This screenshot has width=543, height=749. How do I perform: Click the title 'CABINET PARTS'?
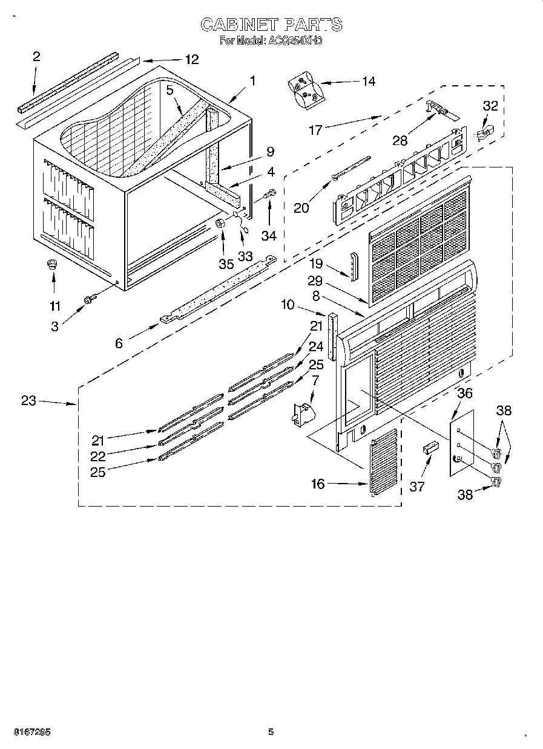click(x=271, y=25)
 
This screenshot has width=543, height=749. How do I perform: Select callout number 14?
click(x=367, y=81)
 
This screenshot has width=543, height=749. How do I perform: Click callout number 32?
click(x=490, y=106)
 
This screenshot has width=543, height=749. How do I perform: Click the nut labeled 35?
click(x=221, y=223)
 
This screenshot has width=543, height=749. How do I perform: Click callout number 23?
click(x=28, y=400)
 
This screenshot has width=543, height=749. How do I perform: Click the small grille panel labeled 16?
click(x=384, y=462)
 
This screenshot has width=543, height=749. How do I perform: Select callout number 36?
click(x=464, y=393)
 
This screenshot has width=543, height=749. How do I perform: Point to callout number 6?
click(x=119, y=343)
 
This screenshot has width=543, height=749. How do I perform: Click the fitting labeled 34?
click(x=271, y=195)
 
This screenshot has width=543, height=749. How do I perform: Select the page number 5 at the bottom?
click(x=271, y=732)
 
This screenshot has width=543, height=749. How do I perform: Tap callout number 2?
click(x=36, y=57)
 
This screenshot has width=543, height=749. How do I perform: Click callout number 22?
click(x=98, y=456)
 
